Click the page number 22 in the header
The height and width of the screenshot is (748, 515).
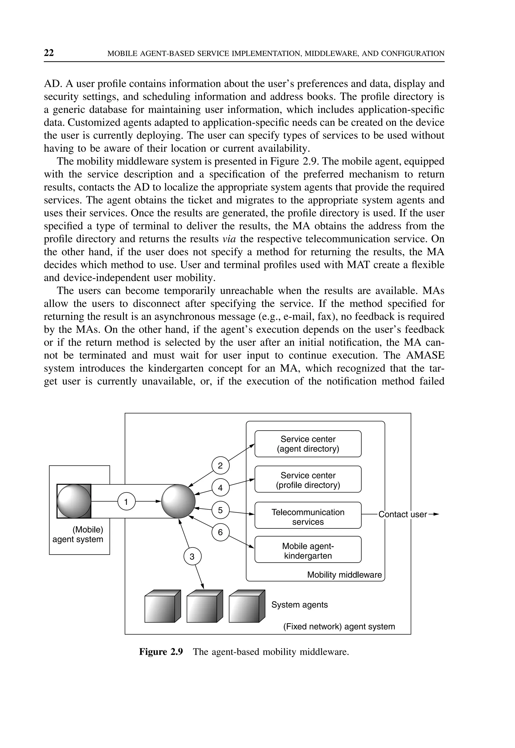(x=49, y=53)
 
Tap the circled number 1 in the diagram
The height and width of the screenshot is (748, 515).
(x=126, y=502)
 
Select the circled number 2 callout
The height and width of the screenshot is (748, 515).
(x=220, y=466)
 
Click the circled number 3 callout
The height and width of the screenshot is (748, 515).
(x=192, y=557)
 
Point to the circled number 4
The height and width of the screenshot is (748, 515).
(x=220, y=488)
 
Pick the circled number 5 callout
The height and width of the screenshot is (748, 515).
(x=220, y=510)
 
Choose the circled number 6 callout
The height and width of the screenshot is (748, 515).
(x=220, y=532)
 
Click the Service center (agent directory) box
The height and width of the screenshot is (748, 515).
(x=308, y=444)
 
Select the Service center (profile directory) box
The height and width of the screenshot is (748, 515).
(x=308, y=480)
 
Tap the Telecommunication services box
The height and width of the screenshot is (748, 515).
(x=308, y=517)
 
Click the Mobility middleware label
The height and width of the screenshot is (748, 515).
(x=344, y=575)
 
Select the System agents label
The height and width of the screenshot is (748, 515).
(x=299, y=605)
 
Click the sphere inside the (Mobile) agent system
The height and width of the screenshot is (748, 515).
(x=74, y=501)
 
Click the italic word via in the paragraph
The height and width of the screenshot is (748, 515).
(x=229, y=239)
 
